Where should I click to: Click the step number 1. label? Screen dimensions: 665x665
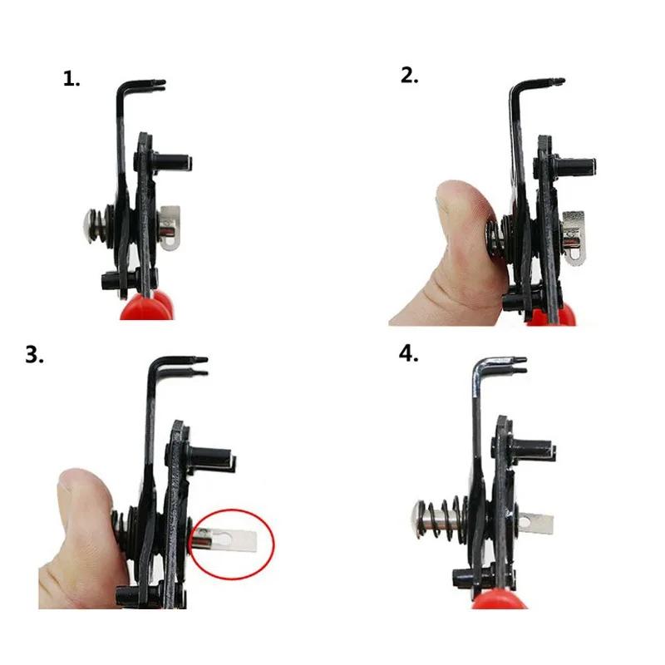pyautogui.click(x=72, y=80)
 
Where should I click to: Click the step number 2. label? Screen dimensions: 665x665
pyautogui.click(x=410, y=76)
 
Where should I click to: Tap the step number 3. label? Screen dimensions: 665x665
pyautogui.click(x=34, y=355)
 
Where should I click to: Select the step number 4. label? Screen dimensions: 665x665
pyautogui.click(x=409, y=353)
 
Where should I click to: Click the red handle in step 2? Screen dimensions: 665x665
pyautogui.click(x=561, y=315)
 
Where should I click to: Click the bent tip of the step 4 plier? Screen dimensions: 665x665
pyautogui.click(x=510, y=362)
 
